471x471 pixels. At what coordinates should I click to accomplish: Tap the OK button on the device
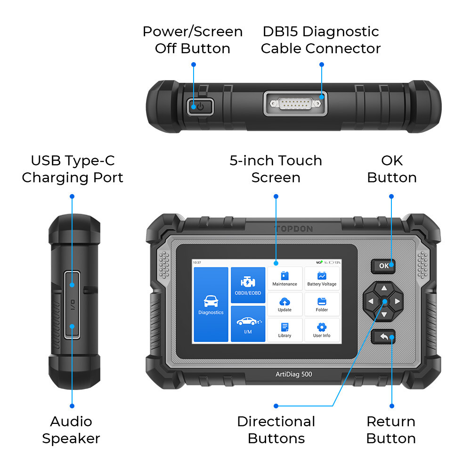(383, 266)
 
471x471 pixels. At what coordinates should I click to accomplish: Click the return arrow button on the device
(383, 337)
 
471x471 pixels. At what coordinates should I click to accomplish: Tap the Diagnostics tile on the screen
(211, 304)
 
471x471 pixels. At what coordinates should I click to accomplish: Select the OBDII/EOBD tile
(248, 286)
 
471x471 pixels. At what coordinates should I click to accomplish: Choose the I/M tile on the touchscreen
(248, 324)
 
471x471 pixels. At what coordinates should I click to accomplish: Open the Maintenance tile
(284, 278)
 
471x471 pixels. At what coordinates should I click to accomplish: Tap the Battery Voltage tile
(322, 278)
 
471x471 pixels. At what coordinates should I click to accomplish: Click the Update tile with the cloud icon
(284, 304)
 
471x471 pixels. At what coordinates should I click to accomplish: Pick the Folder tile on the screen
(322, 304)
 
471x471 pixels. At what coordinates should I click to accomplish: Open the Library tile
(284, 330)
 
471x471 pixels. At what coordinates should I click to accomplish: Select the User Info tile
(322, 330)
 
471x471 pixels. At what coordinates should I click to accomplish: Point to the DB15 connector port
(294, 103)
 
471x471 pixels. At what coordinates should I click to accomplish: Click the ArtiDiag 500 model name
(294, 374)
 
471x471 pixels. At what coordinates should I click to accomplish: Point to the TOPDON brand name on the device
(294, 229)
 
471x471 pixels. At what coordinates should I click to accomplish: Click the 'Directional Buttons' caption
(276, 430)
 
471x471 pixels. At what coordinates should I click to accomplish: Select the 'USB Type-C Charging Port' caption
(73, 169)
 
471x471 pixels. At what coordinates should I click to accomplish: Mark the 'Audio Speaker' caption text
(71, 430)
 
